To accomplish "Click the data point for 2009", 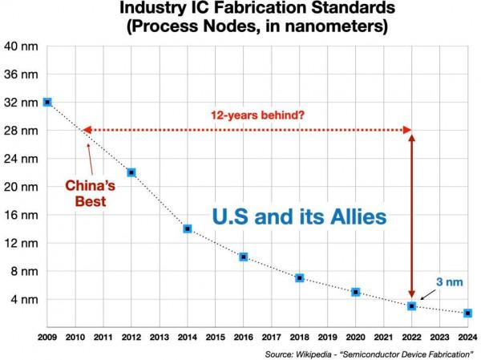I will (x=47, y=102).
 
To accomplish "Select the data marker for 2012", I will (x=131, y=172).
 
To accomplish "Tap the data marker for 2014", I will (x=188, y=229).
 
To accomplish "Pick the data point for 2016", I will (x=244, y=257).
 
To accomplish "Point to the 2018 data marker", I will (x=300, y=278).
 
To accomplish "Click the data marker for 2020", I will (x=356, y=292).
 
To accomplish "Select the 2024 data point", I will (x=468, y=313).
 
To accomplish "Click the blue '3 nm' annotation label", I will (x=447, y=281).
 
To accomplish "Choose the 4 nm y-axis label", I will (x=21, y=299).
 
